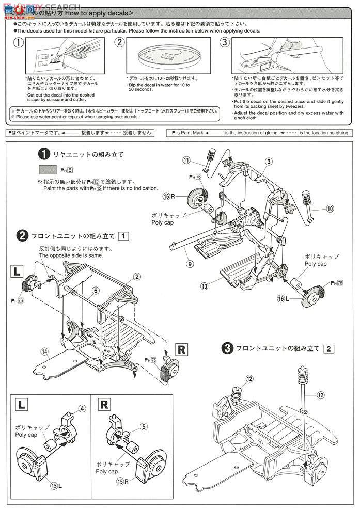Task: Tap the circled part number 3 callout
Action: (269, 162)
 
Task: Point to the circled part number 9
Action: (190, 264)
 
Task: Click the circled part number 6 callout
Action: (96, 291)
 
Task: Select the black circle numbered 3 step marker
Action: (226, 348)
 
